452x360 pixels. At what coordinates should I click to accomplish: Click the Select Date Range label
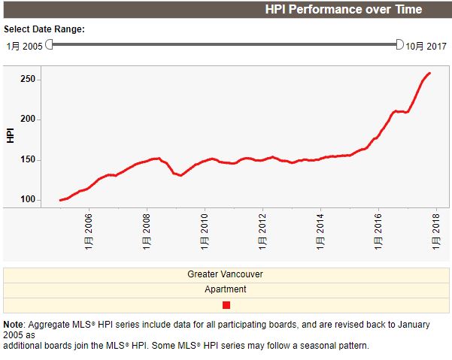tap(44, 29)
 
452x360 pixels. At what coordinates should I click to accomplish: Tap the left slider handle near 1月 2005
tap(50, 44)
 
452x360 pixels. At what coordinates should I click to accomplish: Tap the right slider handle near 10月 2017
tap(400, 44)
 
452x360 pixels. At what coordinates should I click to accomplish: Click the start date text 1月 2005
tap(24, 46)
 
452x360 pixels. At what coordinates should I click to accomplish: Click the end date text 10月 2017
tap(426, 46)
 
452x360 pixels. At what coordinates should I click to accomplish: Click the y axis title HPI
tap(11, 135)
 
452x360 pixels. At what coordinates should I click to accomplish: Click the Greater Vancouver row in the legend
tap(226, 274)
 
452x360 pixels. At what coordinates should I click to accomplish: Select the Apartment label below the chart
tap(226, 289)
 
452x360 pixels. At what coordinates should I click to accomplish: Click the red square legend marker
tap(226, 304)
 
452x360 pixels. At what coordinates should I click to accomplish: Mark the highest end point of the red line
tap(429, 73)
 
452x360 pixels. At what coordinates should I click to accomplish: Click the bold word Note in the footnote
tap(14, 325)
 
